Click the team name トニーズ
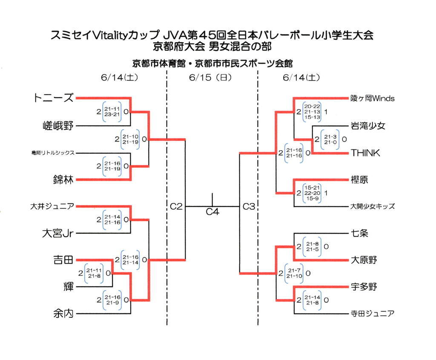pyautogui.click(x=53, y=98)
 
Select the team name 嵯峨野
pyautogui.click(x=58, y=126)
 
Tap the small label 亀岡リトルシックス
pyautogui.click(x=53, y=153)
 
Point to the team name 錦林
pyautogui.click(x=63, y=180)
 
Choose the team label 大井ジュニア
pyautogui.click(x=52, y=207)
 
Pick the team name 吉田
pyautogui.click(x=63, y=260)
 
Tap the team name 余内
pyautogui.click(x=63, y=314)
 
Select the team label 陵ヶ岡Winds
pyautogui.click(x=373, y=98)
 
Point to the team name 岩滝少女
pyautogui.click(x=368, y=126)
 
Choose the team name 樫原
pyautogui.click(x=359, y=180)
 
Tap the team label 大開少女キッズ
pyautogui.click(x=373, y=207)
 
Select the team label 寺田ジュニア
pyautogui.click(x=373, y=314)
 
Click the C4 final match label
pyautogui.click(x=212, y=211)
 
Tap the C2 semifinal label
pyautogui.click(x=176, y=207)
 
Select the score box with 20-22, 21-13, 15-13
pyautogui.click(x=312, y=111)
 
